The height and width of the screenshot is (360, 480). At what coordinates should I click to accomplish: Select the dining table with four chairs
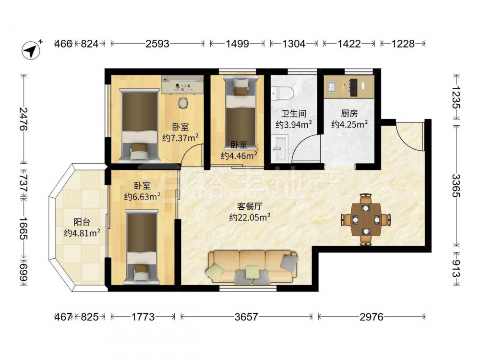point(366,219)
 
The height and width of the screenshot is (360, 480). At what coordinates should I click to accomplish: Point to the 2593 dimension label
point(157,44)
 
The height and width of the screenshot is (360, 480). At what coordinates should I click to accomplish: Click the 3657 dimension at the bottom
point(246,317)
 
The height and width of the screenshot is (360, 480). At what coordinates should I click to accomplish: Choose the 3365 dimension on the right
point(456,185)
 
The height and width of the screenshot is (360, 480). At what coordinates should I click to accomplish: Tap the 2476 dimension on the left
point(23,119)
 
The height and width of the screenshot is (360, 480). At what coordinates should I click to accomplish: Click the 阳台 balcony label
point(82,222)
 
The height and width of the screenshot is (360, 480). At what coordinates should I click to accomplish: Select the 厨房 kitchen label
point(349,114)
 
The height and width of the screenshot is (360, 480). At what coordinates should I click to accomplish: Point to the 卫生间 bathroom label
point(294,114)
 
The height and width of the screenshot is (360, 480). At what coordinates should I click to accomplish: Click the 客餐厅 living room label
point(250,206)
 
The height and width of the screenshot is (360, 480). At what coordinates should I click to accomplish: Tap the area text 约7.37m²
point(180,138)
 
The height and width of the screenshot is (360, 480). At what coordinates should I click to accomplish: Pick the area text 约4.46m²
point(239,156)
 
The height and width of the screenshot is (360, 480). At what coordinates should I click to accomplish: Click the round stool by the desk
point(183,103)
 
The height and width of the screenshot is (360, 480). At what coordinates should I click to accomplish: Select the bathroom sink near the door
point(280,149)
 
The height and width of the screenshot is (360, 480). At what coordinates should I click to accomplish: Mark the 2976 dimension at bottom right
point(372,317)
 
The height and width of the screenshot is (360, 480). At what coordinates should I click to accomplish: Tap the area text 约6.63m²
point(143,196)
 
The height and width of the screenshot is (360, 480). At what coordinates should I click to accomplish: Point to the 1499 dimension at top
point(237,44)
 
